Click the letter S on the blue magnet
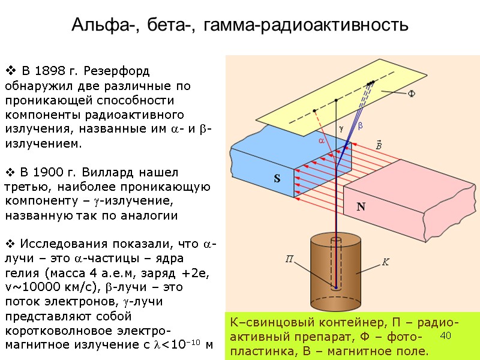(x=277, y=179)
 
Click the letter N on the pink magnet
(x=361, y=207)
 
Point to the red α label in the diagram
(x=321, y=140)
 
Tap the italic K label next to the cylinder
(x=386, y=262)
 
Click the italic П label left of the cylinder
(x=289, y=259)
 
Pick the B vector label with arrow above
(x=379, y=146)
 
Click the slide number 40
(x=445, y=334)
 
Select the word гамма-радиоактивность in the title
(x=306, y=25)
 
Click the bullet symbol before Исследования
(x=10, y=244)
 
